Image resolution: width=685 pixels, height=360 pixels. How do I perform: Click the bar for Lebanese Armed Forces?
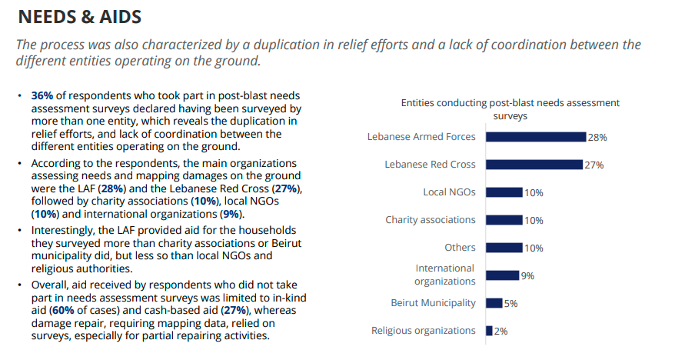click(535, 137)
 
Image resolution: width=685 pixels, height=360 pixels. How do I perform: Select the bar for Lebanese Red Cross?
click(534, 165)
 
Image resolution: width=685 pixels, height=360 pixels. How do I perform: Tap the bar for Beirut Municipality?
click(494, 303)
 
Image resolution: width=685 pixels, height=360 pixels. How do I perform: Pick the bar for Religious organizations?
click(489, 331)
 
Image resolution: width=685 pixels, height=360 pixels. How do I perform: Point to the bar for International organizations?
click(502, 275)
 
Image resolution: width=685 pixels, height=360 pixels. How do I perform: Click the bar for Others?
click(504, 248)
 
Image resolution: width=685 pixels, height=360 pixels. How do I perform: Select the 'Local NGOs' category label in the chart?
click(449, 192)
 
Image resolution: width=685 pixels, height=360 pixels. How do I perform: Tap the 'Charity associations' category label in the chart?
click(431, 220)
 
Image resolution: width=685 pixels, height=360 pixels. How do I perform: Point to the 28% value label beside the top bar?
click(597, 138)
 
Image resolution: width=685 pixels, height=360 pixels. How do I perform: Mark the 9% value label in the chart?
click(527, 276)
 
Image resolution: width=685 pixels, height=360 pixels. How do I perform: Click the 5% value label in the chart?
click(510, 304)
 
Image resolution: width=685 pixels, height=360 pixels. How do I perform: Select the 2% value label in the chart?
click(500, 332)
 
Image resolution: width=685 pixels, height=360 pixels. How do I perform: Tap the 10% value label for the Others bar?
click(534, 248)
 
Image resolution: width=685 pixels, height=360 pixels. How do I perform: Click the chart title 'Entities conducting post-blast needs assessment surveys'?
click(510, 109)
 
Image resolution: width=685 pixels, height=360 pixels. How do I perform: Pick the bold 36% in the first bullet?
click(42, 96)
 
